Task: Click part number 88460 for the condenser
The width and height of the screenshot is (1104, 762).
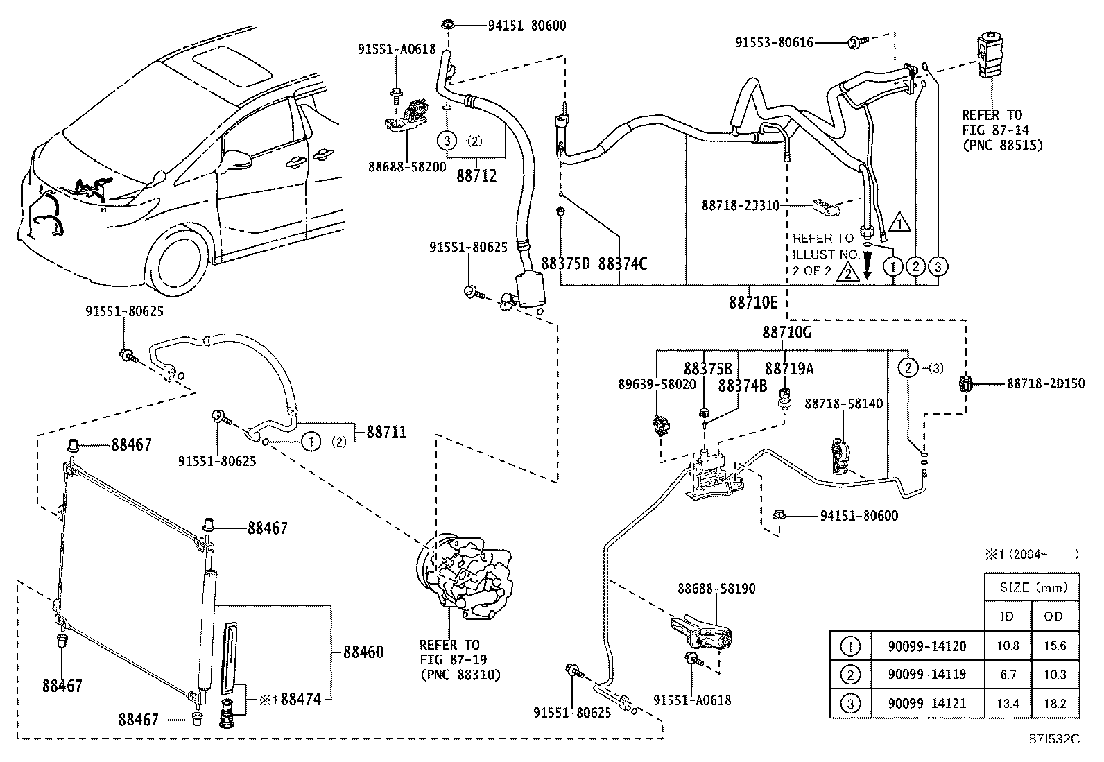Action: click(363, 652)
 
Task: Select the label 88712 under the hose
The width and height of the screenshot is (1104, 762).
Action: click(476, 177)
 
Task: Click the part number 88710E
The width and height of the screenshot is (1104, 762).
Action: click(753, 302)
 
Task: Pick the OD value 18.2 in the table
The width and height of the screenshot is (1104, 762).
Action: click(1055, 703)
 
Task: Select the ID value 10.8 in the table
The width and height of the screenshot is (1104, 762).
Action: click(1008, 646)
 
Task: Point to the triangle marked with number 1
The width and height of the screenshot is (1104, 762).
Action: click(898, 223)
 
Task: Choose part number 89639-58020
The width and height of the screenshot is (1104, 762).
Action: click(657, 384)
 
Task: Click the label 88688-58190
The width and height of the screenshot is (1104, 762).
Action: click(716, 589)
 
